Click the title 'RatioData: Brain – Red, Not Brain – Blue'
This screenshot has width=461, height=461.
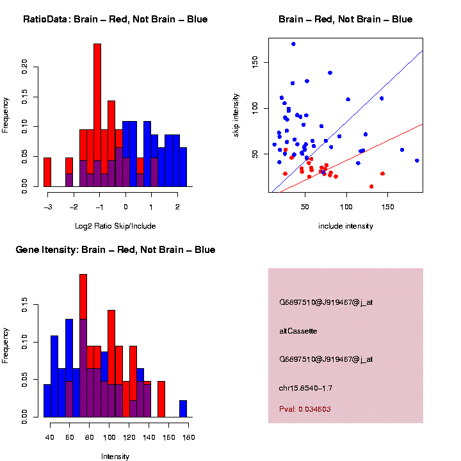tap(115, 19)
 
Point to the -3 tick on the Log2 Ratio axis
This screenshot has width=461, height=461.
tap(48, 207)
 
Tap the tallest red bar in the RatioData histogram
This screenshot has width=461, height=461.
tap(97, 115)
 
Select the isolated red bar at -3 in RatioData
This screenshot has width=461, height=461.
tap(47, 172)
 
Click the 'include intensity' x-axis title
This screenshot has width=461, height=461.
tap(346, 226)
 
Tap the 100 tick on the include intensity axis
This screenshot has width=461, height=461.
tap(346, 207)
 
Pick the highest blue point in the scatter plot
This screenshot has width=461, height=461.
tap(293, 44)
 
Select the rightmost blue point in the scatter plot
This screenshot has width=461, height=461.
tap(417, 161)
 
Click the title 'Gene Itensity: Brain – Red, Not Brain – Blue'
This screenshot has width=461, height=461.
tap(115, 250)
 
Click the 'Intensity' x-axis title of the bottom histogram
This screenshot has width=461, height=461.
tap(115, 457)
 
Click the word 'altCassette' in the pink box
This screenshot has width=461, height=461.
tap(298, 331)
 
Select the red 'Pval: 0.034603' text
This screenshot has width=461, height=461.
tap(305, 409)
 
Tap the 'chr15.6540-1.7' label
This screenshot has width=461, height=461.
tap(305, 388)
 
